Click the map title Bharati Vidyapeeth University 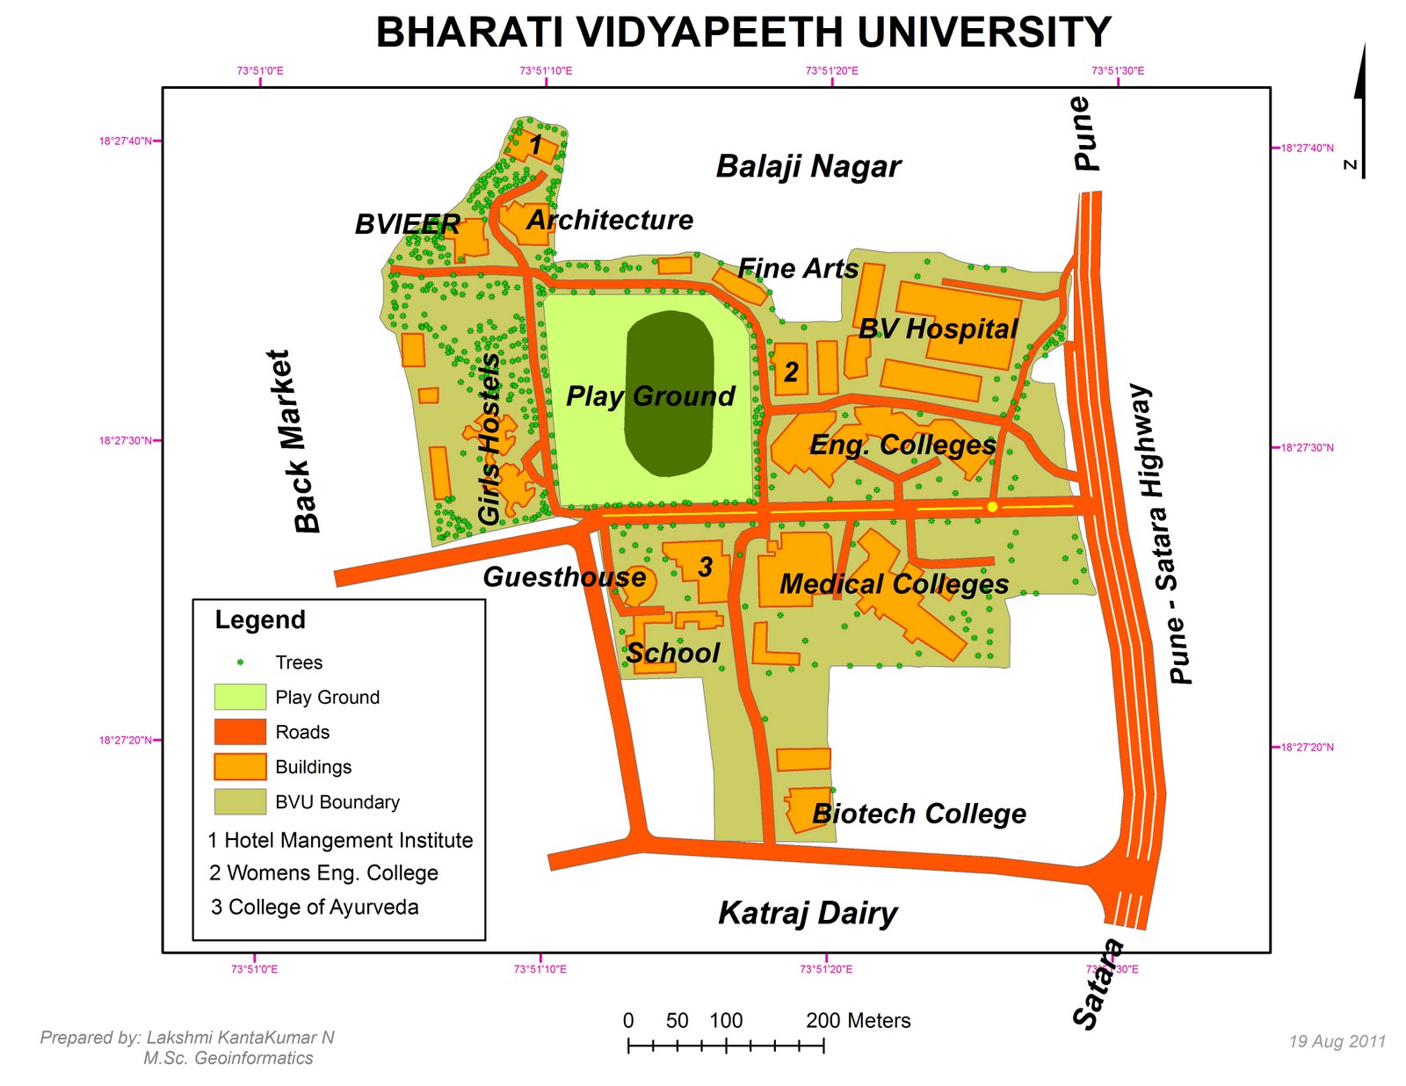pos(743,33)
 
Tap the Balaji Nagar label pos(808,166)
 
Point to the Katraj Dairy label pos(808,913)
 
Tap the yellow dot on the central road pos(992,507)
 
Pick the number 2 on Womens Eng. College pos(791,372)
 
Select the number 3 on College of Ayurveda pos(705,568)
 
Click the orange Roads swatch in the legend pos(240,732)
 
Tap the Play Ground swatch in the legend pos(240,697)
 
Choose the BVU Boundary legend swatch pos(240,801)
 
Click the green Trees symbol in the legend pos(240,662)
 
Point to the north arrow pos(1360,110)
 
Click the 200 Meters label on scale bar pos(858,1020)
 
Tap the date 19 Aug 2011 pos(1337,1041)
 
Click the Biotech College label pos(919,814)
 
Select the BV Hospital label pos(938,329)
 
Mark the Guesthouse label pos(564,577)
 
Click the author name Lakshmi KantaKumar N pos(240,1038)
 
